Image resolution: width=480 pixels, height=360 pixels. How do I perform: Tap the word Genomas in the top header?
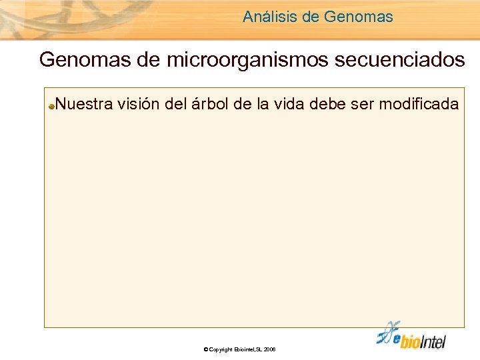click(x=359, y=17)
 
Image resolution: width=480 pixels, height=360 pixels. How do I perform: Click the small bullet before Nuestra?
click(x=51, y=105)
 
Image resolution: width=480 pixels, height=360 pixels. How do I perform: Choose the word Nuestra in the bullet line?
click(x=85, y=104)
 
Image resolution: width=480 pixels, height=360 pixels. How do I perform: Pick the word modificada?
click(x=421, y=104)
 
